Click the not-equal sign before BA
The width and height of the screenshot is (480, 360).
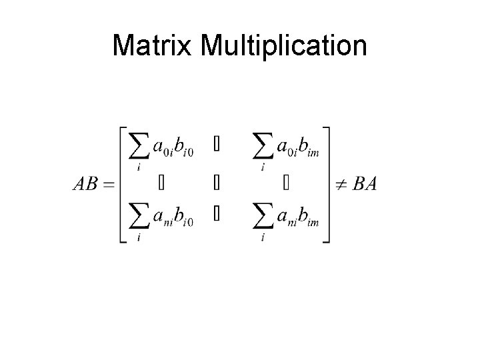click(341, 184)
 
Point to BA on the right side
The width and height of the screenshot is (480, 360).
click(365, 184)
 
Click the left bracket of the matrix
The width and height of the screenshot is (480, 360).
click(123, 184)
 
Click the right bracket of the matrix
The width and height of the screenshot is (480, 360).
click(326, 184)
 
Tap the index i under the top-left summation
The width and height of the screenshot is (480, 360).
click(138, 168)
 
